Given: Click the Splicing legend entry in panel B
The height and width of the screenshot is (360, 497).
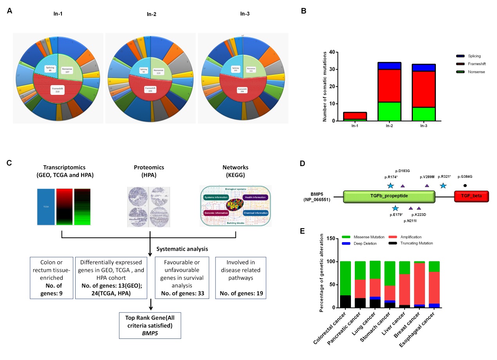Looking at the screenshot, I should click(462, 56).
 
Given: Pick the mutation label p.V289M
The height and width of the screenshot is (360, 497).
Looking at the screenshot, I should click(427, 177).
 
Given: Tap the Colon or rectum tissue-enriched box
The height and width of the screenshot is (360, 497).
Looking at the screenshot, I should click(55, 273).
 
